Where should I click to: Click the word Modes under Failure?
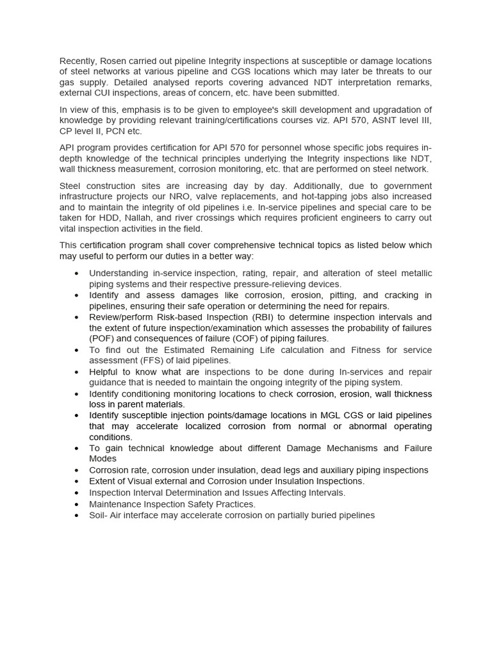102,459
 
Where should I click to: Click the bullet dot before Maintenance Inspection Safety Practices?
77,505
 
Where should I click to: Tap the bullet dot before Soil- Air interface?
77,516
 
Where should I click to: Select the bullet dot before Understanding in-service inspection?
77,273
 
